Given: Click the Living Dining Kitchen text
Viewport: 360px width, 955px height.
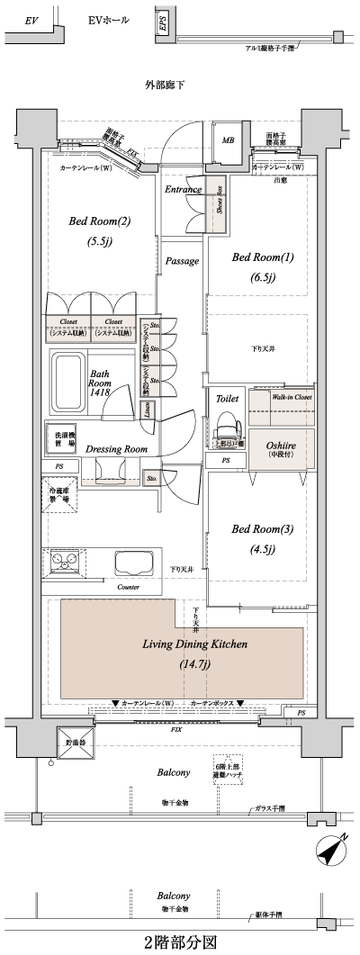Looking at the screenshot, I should point(182,645).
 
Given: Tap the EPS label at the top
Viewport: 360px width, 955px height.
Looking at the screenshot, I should point(162,24).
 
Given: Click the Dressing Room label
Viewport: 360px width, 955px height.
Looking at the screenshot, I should point(116,449).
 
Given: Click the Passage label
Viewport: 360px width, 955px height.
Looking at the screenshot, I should point(183,261).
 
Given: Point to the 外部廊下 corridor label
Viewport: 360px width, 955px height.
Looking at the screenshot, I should point(164,86).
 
